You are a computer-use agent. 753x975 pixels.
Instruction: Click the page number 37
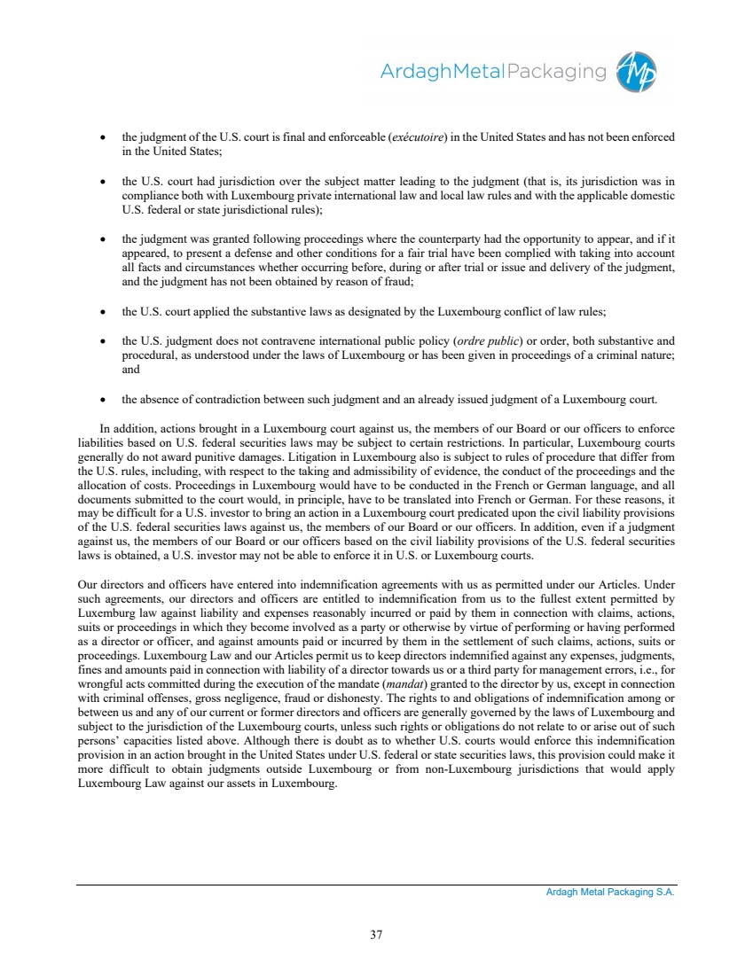click(376, 932)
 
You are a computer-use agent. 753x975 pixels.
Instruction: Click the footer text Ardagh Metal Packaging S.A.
click(610, 893)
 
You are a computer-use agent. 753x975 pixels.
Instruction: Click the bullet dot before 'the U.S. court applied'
click(106, 312)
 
